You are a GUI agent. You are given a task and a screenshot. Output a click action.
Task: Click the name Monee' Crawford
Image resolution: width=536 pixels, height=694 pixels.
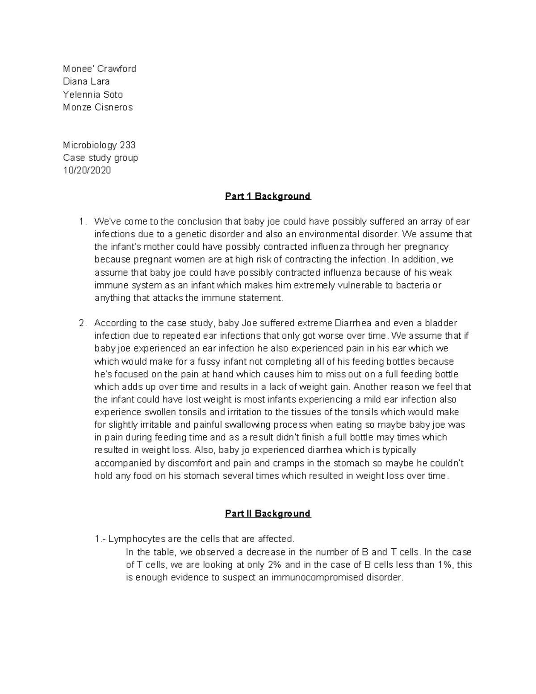pyautogui.click(x=99, y=69)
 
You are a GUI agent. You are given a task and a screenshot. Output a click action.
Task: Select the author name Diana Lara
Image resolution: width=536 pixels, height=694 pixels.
pyautogui.click(x=86, y=81)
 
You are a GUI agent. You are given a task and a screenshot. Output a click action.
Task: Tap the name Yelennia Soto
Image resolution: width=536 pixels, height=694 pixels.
pyautogui.click(x=92, y=94)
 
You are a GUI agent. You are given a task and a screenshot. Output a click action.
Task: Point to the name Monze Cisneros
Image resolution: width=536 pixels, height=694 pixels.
pyautogui.click(x=98, y=107)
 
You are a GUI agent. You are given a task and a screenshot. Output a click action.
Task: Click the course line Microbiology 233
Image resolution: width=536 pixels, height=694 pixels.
pyautogui.click(x=99, y=145)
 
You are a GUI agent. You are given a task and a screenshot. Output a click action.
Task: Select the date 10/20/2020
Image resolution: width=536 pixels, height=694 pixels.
pyautogui.click(x=87, y=170)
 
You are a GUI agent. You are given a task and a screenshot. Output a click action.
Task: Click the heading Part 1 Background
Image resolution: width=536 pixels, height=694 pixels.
pyautogui.click(x=268, y=196)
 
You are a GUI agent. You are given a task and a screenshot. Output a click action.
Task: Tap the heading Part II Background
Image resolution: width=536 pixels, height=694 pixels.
pyautogui.click(x=268, y=513)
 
